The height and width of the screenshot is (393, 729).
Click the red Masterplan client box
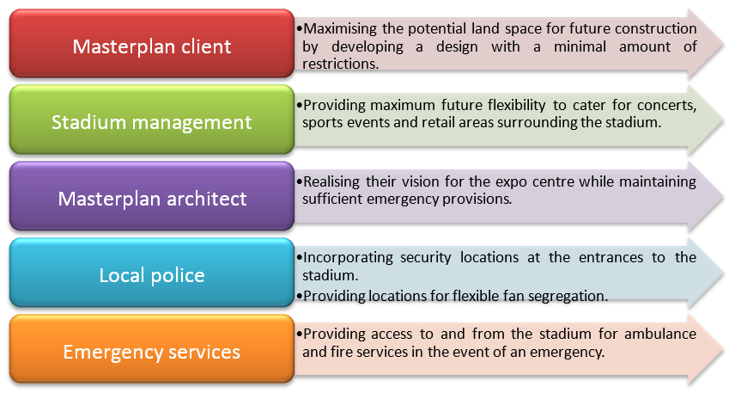152,43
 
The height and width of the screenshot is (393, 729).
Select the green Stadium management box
152,120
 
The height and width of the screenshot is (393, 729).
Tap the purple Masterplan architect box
152,196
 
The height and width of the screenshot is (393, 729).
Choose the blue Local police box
152,273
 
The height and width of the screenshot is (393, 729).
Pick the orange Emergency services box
152,349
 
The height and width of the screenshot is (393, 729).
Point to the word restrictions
340,64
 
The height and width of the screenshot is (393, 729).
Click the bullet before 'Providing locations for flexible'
300,296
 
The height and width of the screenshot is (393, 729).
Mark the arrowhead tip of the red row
723,44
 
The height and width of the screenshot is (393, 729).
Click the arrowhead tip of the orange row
723,350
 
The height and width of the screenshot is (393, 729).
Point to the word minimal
580,46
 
